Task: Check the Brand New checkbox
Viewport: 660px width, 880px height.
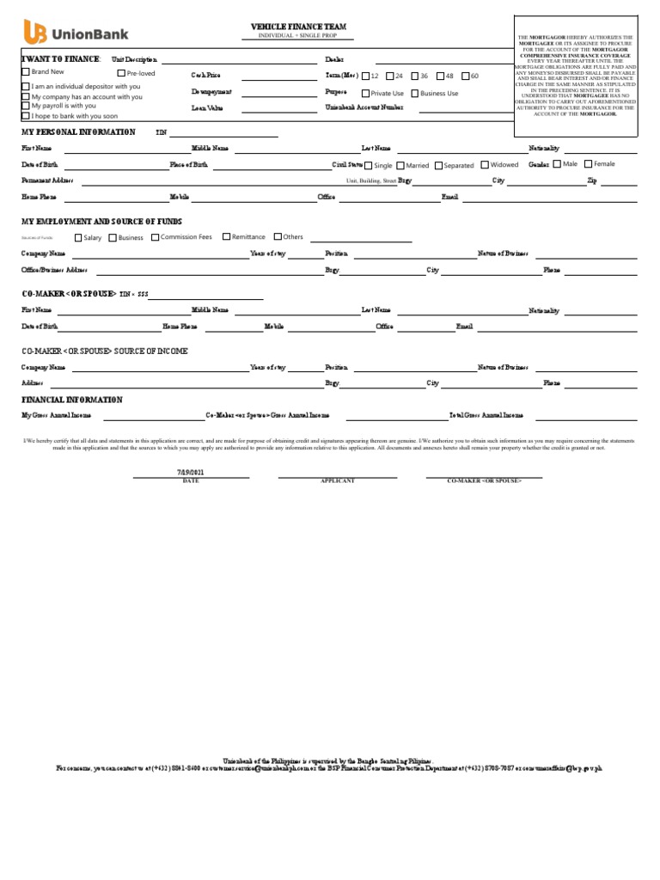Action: coord(25,73)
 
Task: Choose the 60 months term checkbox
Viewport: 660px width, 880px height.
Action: coord(464,76)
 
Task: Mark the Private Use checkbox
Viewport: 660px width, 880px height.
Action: coord(366,94)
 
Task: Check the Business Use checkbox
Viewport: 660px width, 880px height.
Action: coord(415,94)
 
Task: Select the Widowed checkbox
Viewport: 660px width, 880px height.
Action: coord(485,165)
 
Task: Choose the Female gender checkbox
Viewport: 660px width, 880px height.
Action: coord(588,164)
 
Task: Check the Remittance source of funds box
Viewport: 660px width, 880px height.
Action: coord(226,237)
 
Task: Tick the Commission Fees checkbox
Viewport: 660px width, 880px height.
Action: coord(155,237)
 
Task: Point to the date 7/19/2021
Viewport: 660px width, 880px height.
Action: coord(191,473)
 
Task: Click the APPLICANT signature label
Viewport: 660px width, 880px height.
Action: coord(337,481)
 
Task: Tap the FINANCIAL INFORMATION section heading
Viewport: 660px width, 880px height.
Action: coord(72,400)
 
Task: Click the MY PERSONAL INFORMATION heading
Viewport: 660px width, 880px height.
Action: coord(78,132)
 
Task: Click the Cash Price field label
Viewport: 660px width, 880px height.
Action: coord(205,76)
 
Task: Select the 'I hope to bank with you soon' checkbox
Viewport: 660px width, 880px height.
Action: coord(25,115)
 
